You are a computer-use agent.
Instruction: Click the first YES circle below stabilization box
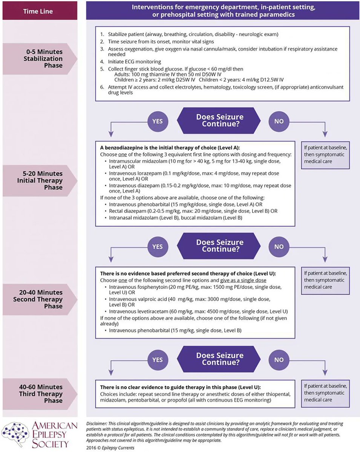coord(157,122)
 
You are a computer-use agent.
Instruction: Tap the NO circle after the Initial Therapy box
coord(279,247)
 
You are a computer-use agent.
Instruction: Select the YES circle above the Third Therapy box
coord(157,360)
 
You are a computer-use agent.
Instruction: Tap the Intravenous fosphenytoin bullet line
coord(196,290)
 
